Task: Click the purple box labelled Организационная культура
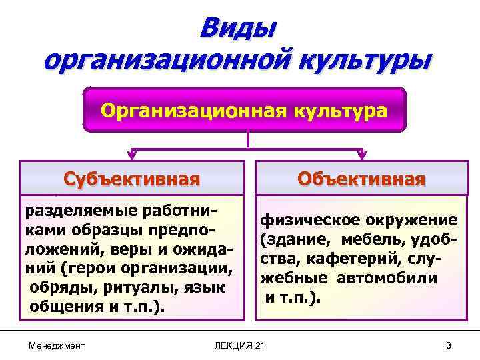click(x=244, y=109)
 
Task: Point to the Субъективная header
click(x=131, y=179)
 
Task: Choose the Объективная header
click(x=361, y=179)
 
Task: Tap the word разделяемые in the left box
click(x=73, y=211)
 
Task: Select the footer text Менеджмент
click(x=57, y=345)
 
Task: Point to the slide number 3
click(x=449, y=345)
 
